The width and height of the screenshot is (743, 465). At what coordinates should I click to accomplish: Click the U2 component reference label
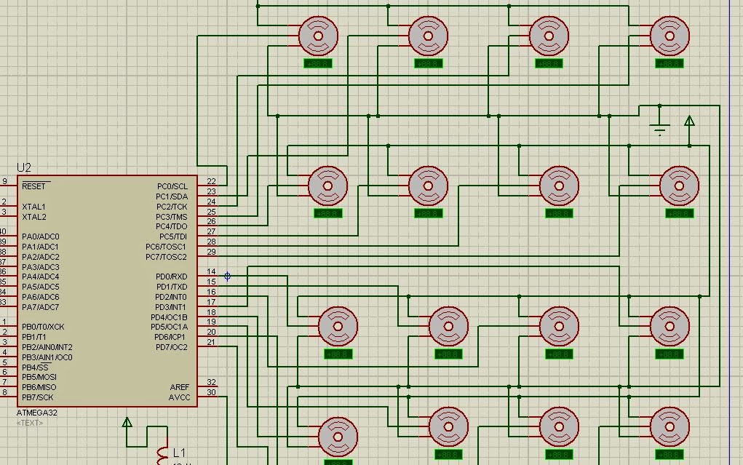coord(24,167)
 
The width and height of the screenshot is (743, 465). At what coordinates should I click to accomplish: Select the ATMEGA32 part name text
coord(37,413)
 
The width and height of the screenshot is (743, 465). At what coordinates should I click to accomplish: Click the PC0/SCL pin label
coord(172,186)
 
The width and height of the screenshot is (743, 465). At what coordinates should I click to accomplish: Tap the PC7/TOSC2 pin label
coord(166,257)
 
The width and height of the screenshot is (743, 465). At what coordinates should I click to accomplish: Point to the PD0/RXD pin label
coord(171,277)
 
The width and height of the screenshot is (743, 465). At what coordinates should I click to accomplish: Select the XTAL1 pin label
coord(33,207)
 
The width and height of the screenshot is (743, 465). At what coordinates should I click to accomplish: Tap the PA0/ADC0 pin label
coord(41,237)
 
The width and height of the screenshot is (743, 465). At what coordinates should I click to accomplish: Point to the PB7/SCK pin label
coord(38,397)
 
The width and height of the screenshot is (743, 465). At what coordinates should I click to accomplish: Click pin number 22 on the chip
coord(211,181)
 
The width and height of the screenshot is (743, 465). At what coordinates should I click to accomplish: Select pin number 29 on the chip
coord(211,252)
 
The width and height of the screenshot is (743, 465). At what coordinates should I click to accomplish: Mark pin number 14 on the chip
coord(211,272)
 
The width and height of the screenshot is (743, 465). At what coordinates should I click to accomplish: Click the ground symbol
coord(660,130)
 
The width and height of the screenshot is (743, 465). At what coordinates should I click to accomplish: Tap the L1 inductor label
coord(179,453)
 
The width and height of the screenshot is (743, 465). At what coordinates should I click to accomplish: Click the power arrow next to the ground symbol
coord(689,121)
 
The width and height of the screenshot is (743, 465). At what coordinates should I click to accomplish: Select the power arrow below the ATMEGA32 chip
coord(127,422)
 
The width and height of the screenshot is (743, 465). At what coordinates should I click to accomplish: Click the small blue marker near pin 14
coord(228,277)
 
